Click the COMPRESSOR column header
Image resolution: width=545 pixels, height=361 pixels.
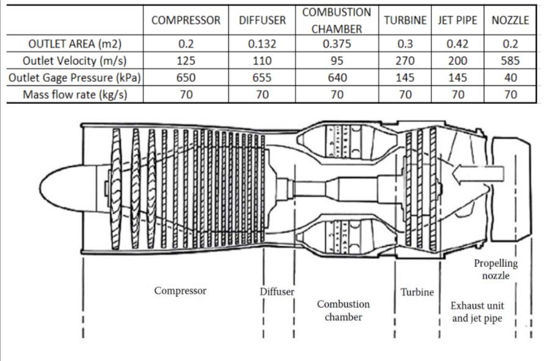pyautogui.click(x=186, y=20)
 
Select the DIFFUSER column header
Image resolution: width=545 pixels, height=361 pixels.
pyautogui.click(x=262, y=20)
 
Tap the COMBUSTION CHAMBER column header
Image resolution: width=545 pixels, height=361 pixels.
pyautogui.click(x=336, y=20)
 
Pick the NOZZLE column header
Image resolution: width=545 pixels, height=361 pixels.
pyautogui.click(x=510, y=20)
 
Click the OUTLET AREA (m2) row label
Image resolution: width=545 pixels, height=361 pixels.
pyautogui.click(x=72, y=44)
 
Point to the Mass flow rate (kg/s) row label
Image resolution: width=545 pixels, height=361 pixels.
pyautogui.click(x=72, y=95)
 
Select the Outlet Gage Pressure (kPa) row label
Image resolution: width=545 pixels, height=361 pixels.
pyautogui.click(x=72, y=78)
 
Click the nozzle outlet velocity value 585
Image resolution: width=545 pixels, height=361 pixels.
pyautogui.click(x=510, y=61)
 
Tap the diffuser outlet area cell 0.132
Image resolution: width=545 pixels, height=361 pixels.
pyautogui.click(x=262, y=44)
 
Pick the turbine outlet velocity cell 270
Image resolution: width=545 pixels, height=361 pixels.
pyautogui.click(x=405, y=61)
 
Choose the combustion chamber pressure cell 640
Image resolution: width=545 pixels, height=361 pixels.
pyautogui.click(x=336, y=78)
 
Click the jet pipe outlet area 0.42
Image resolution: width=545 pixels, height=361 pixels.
pyautogui.click(x=458, y=44)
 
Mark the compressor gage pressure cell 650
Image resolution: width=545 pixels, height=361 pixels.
pyautogui.click(x=186, y=78)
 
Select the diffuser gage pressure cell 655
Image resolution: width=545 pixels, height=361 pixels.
pyautogui.click(x=262, y=78)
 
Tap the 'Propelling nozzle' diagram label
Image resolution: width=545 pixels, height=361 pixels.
pyautogui.click(x=496, y=269)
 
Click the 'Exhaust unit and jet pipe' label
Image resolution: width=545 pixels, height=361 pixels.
pyautogui.click(x=477, y=312)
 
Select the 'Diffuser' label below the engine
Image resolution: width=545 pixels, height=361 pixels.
pyautogui.click(x=277, y=291)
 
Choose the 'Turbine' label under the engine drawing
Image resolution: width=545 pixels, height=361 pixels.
pyautogui.click(x=417, y=292)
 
